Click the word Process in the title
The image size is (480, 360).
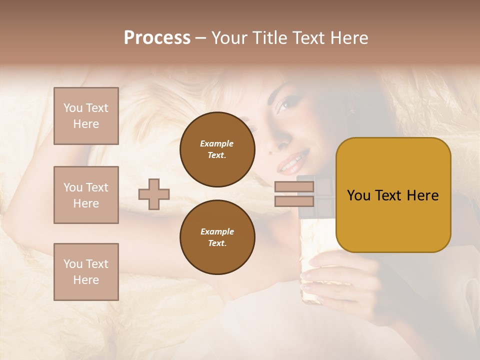pyautogui.click(x=157, y=38)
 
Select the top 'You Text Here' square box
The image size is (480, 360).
pyautogui.click(x=86, y=116)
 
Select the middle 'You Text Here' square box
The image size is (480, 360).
pyautogui.click(x=86, y=195)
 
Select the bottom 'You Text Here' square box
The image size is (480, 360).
pyautogui.click(x=86, y=272)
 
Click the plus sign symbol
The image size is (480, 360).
pyautogui.click(x=154, y=194)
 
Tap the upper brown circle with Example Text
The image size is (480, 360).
pyautogui.click(x=217, y=149)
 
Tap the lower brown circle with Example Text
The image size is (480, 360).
pyautogui.click(x=217, y=237)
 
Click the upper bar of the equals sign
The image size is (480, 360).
pyautogui.click(x=294, y=187)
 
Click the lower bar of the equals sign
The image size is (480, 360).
pyautogui.click(x=294, y=201)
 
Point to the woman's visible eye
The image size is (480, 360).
pyautogui.click(x=284, y=105)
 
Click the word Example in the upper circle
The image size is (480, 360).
pyautogui.click(x=217, y=143)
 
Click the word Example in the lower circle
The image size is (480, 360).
pyautogui.click(x=217, y=231)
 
